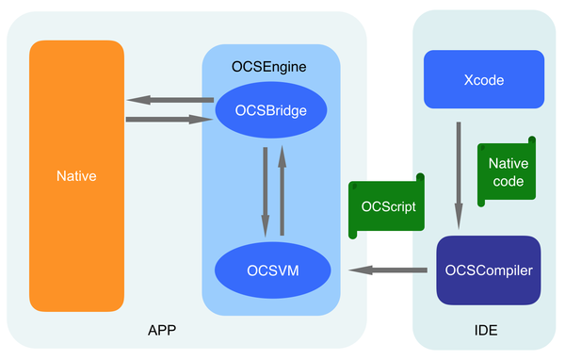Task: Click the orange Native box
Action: [x=77, y=176]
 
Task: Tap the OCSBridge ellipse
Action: [x=271, y=110]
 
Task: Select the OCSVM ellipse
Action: [x=273, y=270]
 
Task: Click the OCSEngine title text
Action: [x=268, y=67]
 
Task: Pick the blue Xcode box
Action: [x=484, y=79]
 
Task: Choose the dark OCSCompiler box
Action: [x=489, y=270]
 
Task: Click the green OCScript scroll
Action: [x=386, y=206]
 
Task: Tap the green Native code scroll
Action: [x=507, y=172]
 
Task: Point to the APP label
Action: [x=162, y=330]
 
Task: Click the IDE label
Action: [x=486, y=331]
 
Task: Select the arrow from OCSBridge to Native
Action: [x=170, y=100]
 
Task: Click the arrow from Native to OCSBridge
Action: [x=169, y=120]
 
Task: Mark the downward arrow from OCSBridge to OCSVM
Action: [x=266, y=192]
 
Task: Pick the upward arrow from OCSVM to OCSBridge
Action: [x=282, y=190]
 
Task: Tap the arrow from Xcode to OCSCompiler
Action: [x=459, y=175]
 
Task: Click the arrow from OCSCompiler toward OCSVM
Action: [x=388, y=270]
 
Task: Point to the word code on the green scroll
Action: [x=508, y=181]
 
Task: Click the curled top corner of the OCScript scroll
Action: [x=420, y=177]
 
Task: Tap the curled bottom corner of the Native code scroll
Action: [x=481, y=203]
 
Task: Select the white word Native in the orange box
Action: [x=76, y=176]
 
